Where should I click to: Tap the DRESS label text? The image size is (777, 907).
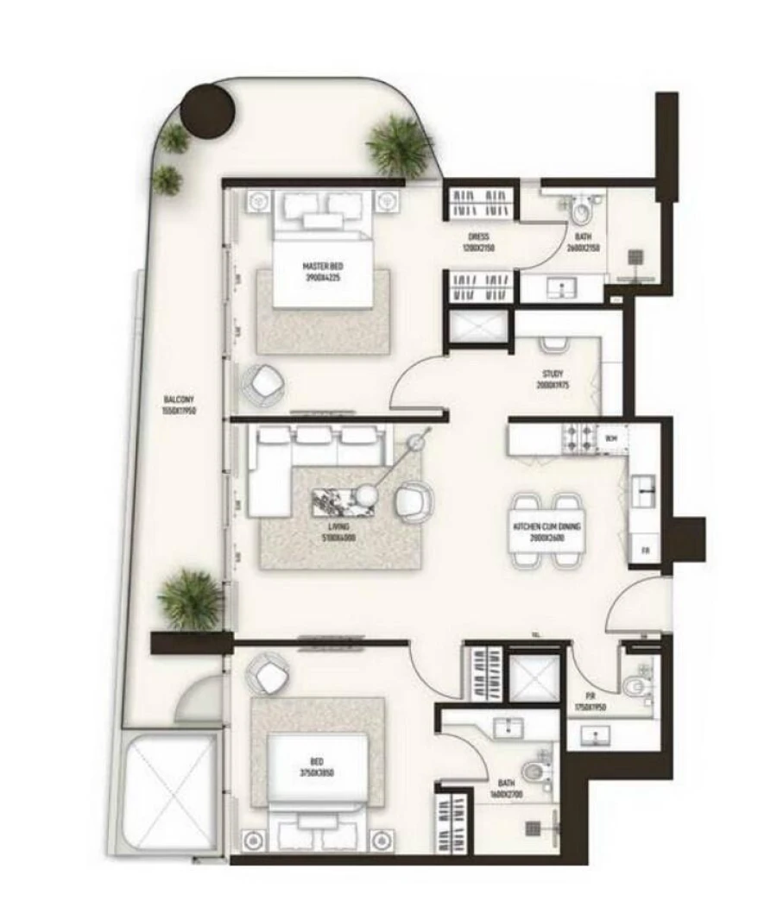pos(479,237)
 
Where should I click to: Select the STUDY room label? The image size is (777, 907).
pos(554,375)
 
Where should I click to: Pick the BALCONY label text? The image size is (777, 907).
pos(179,400)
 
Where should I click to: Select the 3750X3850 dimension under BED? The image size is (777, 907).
pos(317,773)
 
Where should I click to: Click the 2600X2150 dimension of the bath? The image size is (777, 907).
pos(583,247)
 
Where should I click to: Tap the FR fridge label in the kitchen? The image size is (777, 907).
pos(644,551)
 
